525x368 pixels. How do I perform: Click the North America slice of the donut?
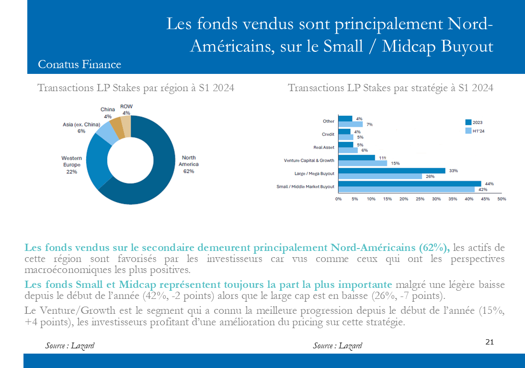(161, 175)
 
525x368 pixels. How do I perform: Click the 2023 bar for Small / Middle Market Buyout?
(410, 184)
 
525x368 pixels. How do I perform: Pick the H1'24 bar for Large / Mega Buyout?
(380, 176)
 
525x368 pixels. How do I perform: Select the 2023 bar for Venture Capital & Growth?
(356, 158)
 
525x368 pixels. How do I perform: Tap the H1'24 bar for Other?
(351, 124)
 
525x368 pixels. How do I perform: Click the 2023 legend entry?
(474, 122)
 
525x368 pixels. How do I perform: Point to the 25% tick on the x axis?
(420, 199)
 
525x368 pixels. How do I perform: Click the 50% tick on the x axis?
(502, 199)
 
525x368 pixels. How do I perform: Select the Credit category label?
(328, 134)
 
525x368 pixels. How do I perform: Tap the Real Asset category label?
(324, 147)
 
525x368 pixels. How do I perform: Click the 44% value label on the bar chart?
(489, 184)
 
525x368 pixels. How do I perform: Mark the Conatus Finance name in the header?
(80, 64)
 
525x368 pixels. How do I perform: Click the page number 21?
(490, 342)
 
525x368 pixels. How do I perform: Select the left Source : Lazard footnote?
(69, 345)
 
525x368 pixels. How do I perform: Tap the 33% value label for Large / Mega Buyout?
(453, 171)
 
